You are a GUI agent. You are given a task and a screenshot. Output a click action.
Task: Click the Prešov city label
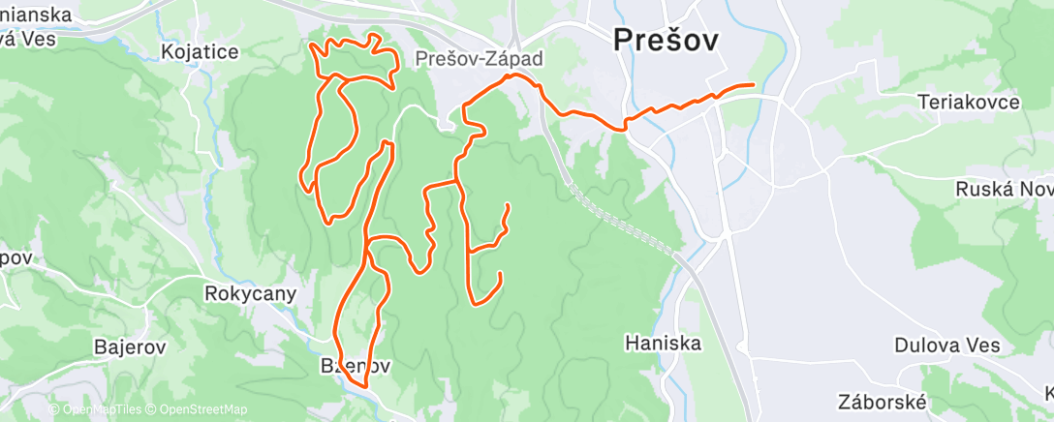click(666, 40)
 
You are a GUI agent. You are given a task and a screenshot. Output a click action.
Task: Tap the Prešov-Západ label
click(479, 59)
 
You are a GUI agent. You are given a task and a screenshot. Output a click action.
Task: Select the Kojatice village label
click(201, 52)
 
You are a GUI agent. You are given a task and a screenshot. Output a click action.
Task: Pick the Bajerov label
click(130, 346)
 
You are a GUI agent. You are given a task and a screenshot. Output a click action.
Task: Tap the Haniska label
click(663, 342)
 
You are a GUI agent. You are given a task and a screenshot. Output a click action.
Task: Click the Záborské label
click(883, 402)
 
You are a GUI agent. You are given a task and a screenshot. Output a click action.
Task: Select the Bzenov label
click(356, 367)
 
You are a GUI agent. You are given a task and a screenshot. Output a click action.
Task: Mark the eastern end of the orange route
click(753, 86)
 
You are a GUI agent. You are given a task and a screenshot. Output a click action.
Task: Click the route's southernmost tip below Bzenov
click(365, 387)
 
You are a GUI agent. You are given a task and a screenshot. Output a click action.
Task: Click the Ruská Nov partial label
click(1004, 190)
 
